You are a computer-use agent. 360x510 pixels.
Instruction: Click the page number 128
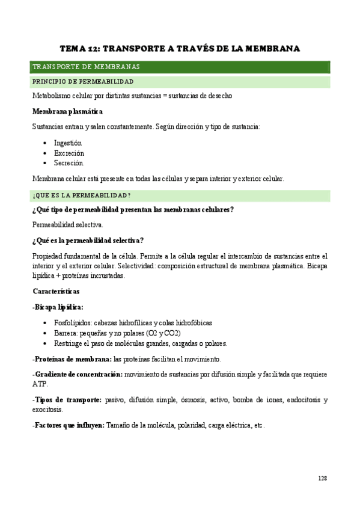click(x=323, y=478)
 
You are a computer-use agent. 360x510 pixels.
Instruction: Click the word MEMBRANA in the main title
click(x=269, y=48)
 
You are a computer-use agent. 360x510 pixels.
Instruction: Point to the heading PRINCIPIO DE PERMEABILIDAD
click(x=83, y=82)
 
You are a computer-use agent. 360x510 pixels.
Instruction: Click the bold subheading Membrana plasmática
click(x=67, y=111)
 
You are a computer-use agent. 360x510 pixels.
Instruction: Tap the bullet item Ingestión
click(x=67, y=143)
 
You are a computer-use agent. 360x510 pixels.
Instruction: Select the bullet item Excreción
click(x=69, y=153)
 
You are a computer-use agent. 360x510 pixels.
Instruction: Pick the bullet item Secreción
click(x=69, y=163)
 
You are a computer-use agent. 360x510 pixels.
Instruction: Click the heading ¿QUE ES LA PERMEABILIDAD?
click(x=82, y=195)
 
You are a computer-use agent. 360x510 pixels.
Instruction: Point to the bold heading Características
click(x=63, y=291)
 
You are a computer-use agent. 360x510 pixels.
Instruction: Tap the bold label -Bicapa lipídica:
click(x=58, y=307)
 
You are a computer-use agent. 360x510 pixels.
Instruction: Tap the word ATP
click(x=40, y=384)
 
